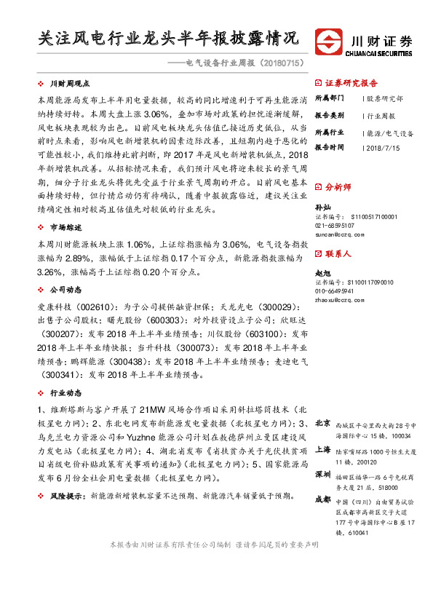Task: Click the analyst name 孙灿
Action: (322, 207)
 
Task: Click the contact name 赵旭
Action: (322, 272)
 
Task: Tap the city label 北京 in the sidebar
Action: (322, 424)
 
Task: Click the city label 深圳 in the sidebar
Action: (322, 474)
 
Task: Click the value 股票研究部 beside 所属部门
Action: (386, 97)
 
